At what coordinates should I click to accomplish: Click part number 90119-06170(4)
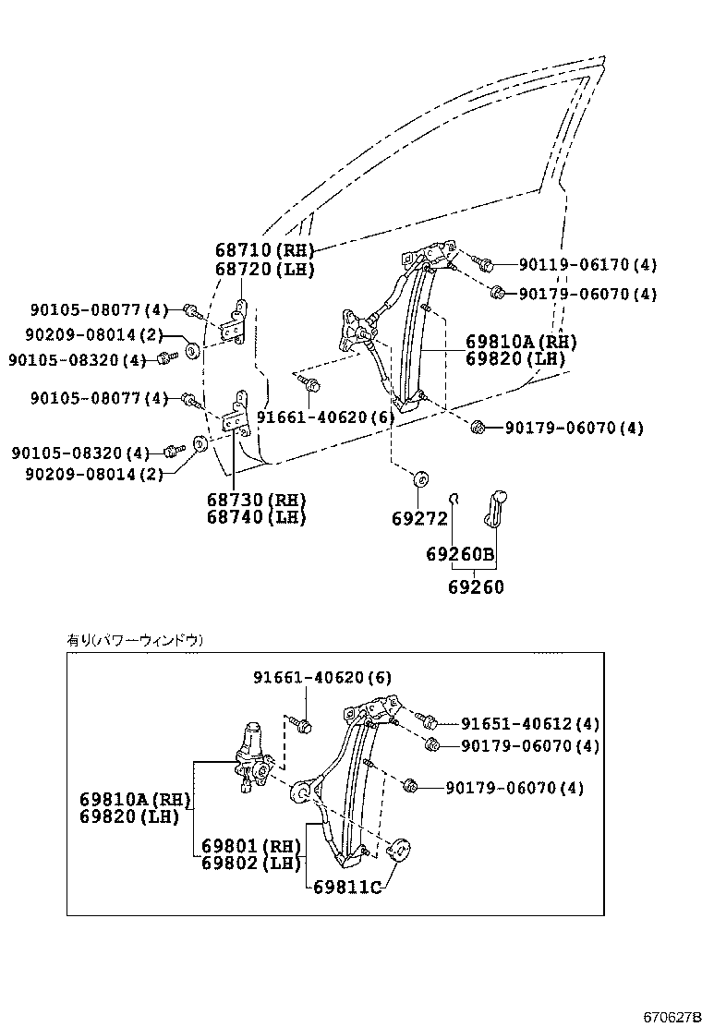click(587, 265)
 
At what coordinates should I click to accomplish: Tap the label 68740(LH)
click(256, 517)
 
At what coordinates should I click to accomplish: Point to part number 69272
click(419, 519)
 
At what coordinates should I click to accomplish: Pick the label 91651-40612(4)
click(529, 724)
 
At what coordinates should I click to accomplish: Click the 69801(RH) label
click(251, 846)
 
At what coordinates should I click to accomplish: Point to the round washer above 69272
click(420, 478)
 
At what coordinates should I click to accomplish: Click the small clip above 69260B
click(454, 499)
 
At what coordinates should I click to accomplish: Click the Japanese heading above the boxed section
click(135, 639)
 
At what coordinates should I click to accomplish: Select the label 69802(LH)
click(251, 864)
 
